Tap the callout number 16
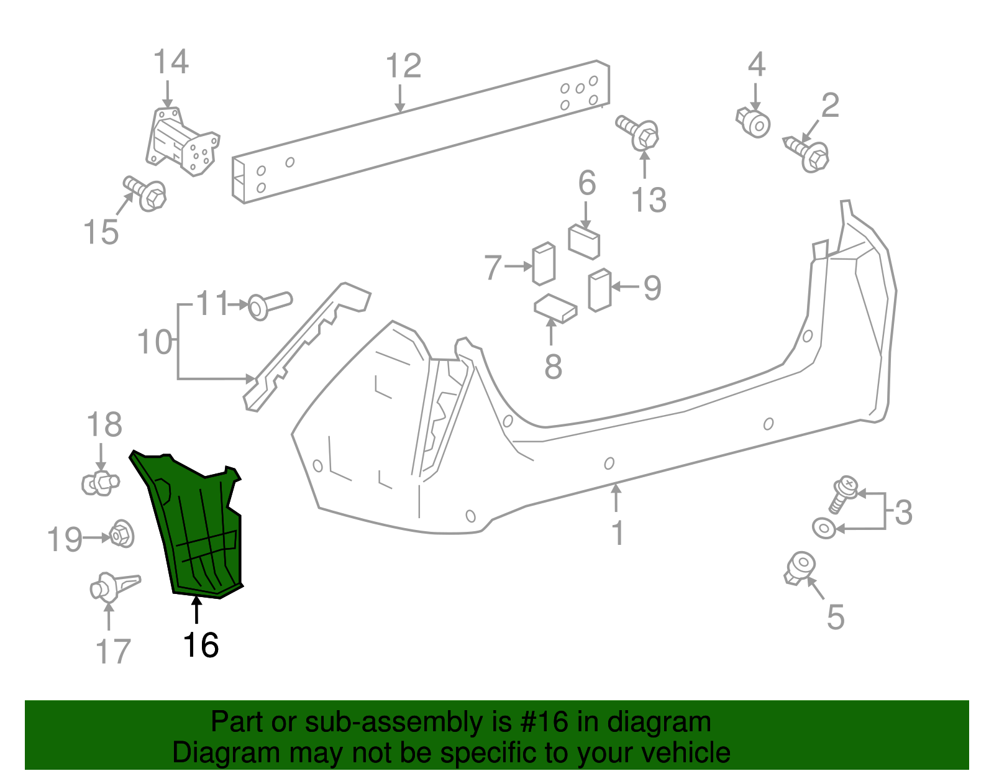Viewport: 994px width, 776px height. click(201, 646)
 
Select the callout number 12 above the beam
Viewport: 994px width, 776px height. click(403, 66)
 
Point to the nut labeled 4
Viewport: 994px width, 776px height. click(754, 122)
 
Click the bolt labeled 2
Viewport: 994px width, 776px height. click(808, 153)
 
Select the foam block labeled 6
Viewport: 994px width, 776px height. click(584, 241)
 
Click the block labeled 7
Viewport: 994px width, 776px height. click(544, 263)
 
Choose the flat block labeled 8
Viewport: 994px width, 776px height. click(555, 309)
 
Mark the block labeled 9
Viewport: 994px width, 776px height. click(600, 290)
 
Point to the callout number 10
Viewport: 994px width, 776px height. click(154, 342)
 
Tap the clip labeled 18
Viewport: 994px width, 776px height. click(99, 482)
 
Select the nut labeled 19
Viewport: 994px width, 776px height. click(122, 534)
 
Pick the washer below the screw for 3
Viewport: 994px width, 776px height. click(824, 529)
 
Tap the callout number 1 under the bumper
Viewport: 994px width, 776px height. click(618, 533)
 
